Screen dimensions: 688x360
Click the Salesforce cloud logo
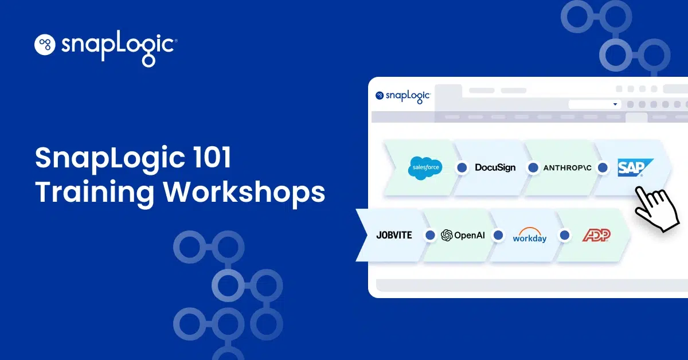(425, 168)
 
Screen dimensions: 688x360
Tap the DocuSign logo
(495, 167)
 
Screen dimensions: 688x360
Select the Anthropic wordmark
(567, 168)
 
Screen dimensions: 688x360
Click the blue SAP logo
(635, 167)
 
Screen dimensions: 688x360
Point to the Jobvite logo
(394, 235)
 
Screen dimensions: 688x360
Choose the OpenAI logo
(463, 235)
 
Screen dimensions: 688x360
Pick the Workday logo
(530, 235)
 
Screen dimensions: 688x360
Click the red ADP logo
(596, 235)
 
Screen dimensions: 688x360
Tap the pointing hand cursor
(656, 209)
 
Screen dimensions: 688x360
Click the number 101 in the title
(212, 158)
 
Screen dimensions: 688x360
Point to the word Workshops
(244, 192)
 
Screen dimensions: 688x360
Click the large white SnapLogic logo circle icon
(45, 45)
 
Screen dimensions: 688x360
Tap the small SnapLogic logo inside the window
(403, 96)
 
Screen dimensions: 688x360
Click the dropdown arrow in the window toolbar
(615, 104)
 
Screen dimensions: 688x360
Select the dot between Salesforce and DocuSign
(462, 168)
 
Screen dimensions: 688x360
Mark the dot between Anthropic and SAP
(603, 168)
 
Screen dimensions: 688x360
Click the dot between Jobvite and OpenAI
(430, 235)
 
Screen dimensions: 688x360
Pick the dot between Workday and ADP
(565, 235)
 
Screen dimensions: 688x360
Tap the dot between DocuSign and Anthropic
(533, 168)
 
